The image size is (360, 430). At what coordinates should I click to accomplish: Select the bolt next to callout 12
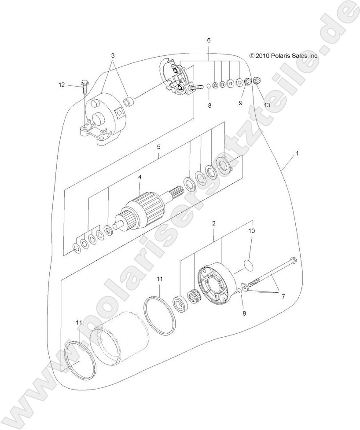84,84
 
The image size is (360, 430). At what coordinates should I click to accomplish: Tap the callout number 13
267,105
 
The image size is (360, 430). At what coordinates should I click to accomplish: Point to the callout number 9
240,103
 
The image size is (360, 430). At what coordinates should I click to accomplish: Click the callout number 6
209,40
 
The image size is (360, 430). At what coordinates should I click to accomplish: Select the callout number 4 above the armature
140,177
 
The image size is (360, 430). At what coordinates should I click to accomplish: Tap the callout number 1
298,153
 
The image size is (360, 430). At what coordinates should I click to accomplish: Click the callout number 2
213,223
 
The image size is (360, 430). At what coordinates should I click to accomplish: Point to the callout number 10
252,230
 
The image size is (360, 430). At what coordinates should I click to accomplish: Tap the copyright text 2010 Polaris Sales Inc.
284,56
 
